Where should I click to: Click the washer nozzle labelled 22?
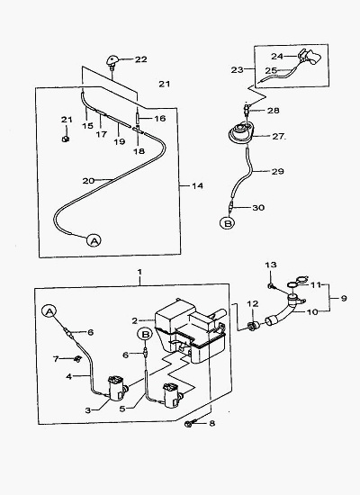[x=113, y=60]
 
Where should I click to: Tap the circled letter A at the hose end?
[x=94, y=240]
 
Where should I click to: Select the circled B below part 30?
[x=228, y=223]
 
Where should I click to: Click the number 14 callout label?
[x=197, y=186]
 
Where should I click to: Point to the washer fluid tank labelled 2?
[x=190, y=330]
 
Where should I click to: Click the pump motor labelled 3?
[x=117, y=388]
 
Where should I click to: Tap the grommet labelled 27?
[x=241, y=133]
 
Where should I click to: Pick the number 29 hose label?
[x=277, y=172]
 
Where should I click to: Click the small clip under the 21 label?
[x=66, y=139]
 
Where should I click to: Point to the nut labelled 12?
[x=253, y=326]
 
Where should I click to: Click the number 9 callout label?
[x=344, y=298]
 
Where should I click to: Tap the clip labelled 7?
[x=76, y=358]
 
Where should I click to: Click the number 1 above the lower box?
[x=139, y=272]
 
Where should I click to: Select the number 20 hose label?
[x=88, y=181]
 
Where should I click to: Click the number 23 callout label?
[x=238, y=70]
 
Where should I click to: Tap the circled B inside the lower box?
[x=145, y=334]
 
